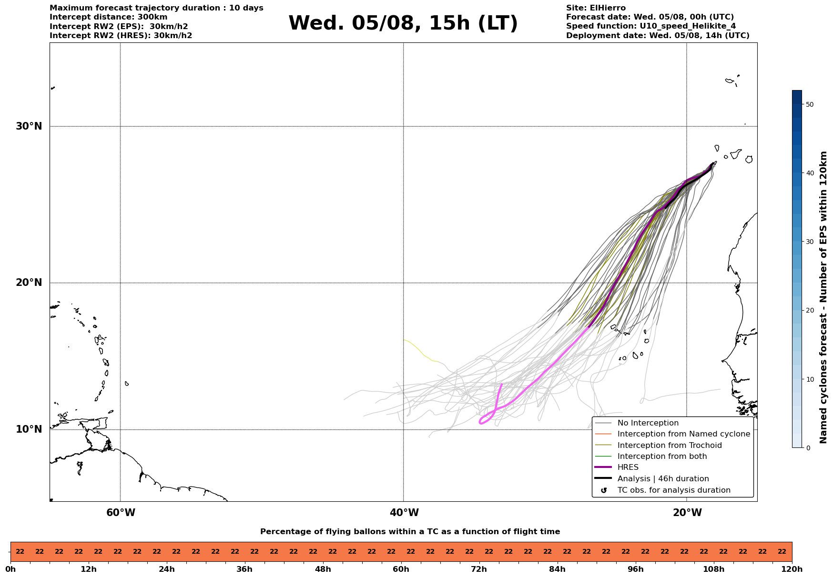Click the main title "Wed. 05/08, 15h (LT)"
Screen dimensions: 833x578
pyautogui.click(x=403, y=23)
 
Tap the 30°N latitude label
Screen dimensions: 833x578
pyautogui.click(x=29, y=126)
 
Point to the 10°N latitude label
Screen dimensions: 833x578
pyautogui.click(x=29, y=429)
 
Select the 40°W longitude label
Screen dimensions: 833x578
pyautogui.click(x=404, y=513)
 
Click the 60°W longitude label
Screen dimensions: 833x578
pyautogui.click(x=121, y=513)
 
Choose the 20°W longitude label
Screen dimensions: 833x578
pyautogui.click(x=687, y=513)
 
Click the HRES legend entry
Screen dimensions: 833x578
pyautogui.click(x=617, y=467)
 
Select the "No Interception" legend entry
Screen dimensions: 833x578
pyautogui.click(x=637, y=423)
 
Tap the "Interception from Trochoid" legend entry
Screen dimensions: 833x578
pyautogui.click(x=658, y=446)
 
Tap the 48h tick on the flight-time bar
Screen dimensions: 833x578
pyautogui.click(x=323, y=569)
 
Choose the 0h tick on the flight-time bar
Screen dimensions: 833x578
pyautogui.click(x=10, y=569)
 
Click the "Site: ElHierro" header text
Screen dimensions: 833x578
pyautogui.click(x=596, y=8)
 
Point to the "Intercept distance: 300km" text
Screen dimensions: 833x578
pyautogui.click(x=109, y=17)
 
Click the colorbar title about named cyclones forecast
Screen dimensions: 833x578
pyautogui.click(x=823, y=297)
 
